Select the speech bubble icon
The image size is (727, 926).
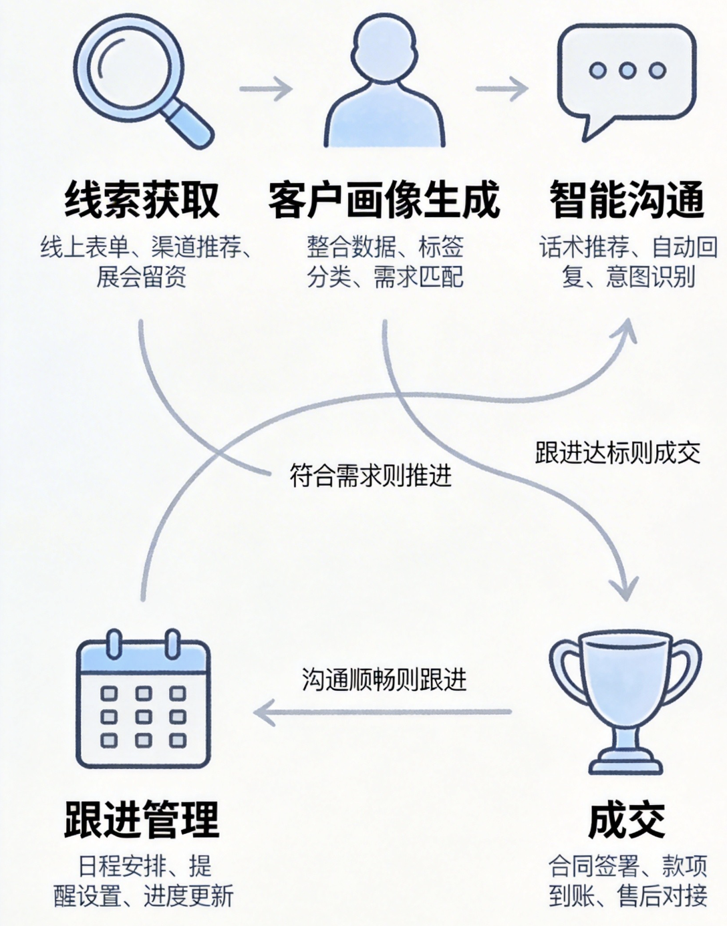pyautogui.click(x=626, y=77)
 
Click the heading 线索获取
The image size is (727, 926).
pyautogui.click(x=142, y=199)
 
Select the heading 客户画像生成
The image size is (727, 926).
pyautogui.click(x=384, y=199)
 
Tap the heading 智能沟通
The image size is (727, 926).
pyautogui.click(x=627, y=199)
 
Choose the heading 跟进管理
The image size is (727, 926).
pyautogui.click(x=142, y=819)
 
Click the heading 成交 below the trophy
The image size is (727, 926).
pyautogui.click(x=627, y=820)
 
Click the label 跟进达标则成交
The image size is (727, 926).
pyautogui.click(x=617, y=453)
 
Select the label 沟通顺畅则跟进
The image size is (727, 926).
pyautogui.click(x=384, y=680)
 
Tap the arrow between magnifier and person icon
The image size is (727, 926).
pyautogui.click(x=266, y=88)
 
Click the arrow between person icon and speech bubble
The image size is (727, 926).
pyautogui.click(x=501, y=88)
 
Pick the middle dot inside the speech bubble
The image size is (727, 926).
pyautogui.click(x=627, y=70)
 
